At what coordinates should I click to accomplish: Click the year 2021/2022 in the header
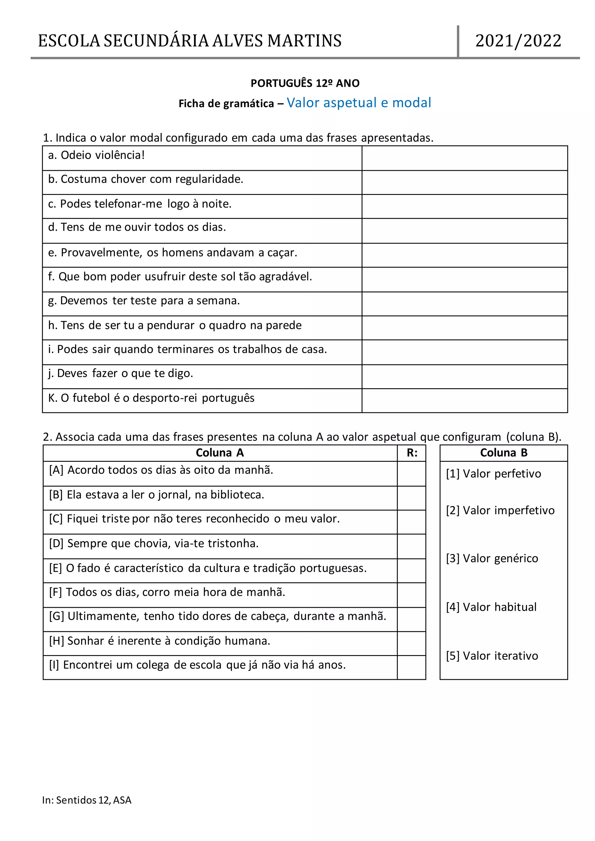[x=518, y=41]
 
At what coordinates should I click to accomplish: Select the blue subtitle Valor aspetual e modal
[x=359, y=103]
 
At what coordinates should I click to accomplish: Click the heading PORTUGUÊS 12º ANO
[x=305, y=84]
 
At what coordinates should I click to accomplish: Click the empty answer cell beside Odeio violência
[x=464, y=158]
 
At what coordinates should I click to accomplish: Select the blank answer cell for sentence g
[x=464, y=304]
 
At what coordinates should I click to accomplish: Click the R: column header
[x=412, y=453]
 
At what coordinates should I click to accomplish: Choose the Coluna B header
[x=503, y=453]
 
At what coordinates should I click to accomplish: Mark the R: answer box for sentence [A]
[x=411, y=474]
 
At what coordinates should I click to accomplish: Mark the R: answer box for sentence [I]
[x=411, y=667]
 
